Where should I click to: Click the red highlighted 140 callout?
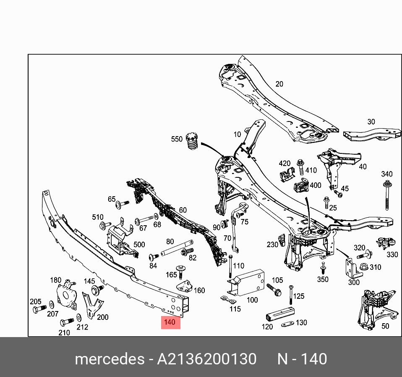click(x=170, y=323)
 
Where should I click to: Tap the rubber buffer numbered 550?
click(x=191, y=144)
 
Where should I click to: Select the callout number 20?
click(x=279, y=84)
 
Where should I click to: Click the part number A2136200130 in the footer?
click(x=206, y=359)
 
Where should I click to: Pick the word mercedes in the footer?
click(x=109, y=359)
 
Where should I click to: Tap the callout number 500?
click(x=139, y=245)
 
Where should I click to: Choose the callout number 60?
click(x=183, y=210)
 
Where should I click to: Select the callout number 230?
click(x=272, y=245)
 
